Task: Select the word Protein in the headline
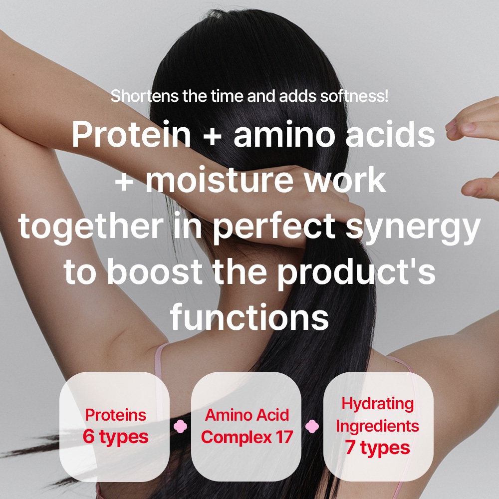pyautogui.click(x=131, y=134)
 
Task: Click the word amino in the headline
pyautogui.click(x=284, y=134)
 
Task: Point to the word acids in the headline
pyautogui.click(x=391, y=134)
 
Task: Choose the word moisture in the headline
pyautogui.click(x=220, y=180)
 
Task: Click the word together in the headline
pyautogui.click(x=91, y=227)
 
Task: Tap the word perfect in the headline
pyautogui.click(x=274, y=227)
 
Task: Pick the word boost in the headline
pyautogui.click(x=154, y=271)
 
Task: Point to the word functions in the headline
pyautogui.click(x=249, y=317)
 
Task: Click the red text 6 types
pyautogui.click(x=116, y=437)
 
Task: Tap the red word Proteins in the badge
pyautogui.click(x=116, y=415)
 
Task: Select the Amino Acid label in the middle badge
pyautogui.click(x=247, y=415)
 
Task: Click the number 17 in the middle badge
pyautogui.click(x=284, y=437)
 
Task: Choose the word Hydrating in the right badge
pyautogui.click(x=378, y=404)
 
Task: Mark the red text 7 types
pyautogui.click(x=378, y=448)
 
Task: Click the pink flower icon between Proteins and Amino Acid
pyautogui.click(x=181, y=427)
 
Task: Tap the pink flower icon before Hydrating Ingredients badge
pyautogui.click(x=312, y=427)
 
